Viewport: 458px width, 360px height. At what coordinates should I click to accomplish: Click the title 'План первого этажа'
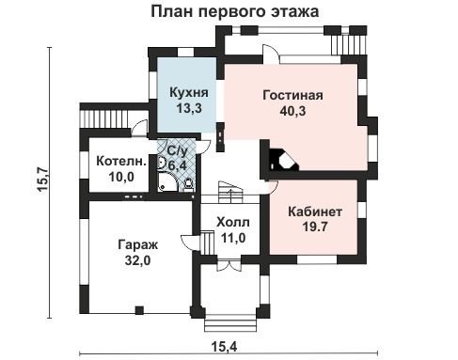pos(235,11)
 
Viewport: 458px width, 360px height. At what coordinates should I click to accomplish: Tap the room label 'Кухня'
pos(189,93)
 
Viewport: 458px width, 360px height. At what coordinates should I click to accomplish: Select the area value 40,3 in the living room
pos(292,111)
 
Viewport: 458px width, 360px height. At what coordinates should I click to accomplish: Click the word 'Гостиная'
pos(292,95)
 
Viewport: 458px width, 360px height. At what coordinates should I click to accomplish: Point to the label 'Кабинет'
pos(315,211)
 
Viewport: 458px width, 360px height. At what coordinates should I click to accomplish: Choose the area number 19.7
pos(315,227)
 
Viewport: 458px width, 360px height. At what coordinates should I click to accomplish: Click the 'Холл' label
pos(233,223)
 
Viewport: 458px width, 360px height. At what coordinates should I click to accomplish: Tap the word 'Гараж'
pos(138,244)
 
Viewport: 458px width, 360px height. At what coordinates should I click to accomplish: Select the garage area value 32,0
pos(137,260)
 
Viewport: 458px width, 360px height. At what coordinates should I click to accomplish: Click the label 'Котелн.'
pos(121,162)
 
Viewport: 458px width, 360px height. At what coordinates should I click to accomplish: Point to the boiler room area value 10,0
pos(121,177)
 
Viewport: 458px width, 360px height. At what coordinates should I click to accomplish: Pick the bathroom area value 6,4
pos(178,165)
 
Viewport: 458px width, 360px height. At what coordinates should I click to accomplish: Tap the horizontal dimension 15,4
pos(224,347)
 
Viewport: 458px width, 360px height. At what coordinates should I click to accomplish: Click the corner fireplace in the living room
pos(283,160)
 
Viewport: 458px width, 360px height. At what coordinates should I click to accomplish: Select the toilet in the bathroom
pos(188,185)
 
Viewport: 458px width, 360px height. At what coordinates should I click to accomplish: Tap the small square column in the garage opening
pos(139,310)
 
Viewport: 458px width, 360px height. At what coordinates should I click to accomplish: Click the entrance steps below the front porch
pos(233,325)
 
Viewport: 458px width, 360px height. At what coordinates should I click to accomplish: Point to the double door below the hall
pos(229,265)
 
